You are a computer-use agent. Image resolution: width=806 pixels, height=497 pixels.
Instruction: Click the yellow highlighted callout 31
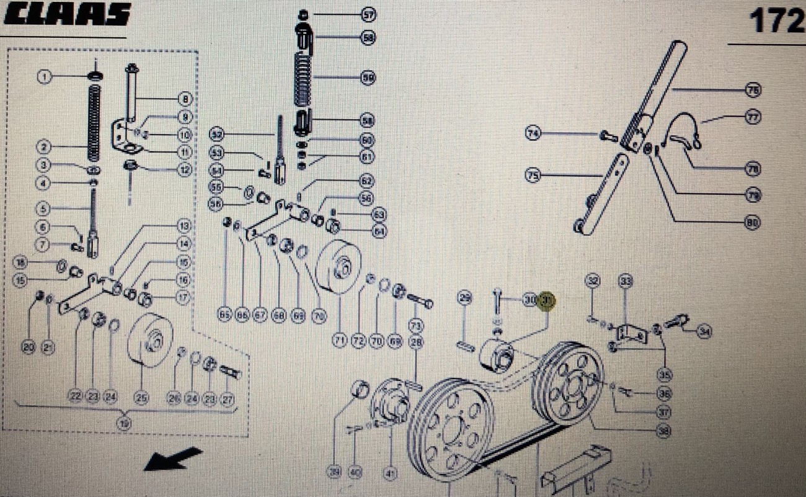(547, 301)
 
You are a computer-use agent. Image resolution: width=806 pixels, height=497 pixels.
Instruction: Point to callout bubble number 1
(45, 76)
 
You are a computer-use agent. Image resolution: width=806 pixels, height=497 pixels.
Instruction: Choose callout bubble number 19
(125, 424)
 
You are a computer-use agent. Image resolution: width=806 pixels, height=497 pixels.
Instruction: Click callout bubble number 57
(369, 14)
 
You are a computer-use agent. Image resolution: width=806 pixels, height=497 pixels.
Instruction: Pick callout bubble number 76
(753, 91)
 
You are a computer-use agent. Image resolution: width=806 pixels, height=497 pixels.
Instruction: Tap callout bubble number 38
(664, 430)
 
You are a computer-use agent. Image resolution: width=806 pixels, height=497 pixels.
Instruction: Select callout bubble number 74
(533, 133)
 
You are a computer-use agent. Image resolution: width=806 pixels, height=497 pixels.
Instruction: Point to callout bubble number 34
(704, 331)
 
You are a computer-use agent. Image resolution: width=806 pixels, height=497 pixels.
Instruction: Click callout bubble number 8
(184, 99)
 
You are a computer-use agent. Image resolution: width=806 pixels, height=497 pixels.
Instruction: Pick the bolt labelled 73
(420, 303)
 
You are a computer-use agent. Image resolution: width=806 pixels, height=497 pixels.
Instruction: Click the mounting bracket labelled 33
(632, 333)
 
